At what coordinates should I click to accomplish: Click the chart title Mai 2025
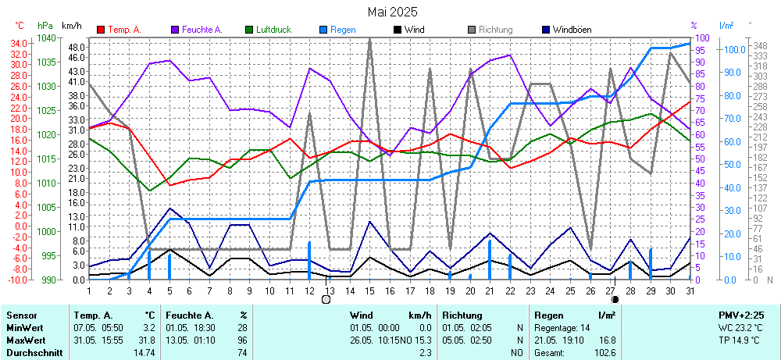click(391, 12)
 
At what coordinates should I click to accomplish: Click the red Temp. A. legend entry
click(123, 30)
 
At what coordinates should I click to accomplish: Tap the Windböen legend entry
click(571, 30)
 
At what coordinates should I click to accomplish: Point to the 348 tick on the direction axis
click(758, 45)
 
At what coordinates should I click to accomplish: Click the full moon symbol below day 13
click(326, 299)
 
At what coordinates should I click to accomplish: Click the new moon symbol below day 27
click(615, 299)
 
